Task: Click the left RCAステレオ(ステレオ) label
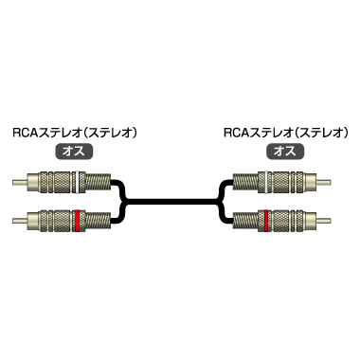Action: click(x=73, y=133)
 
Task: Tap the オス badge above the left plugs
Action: click(x=73, y=151)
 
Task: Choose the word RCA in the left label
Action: click(x=21, y=133)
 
